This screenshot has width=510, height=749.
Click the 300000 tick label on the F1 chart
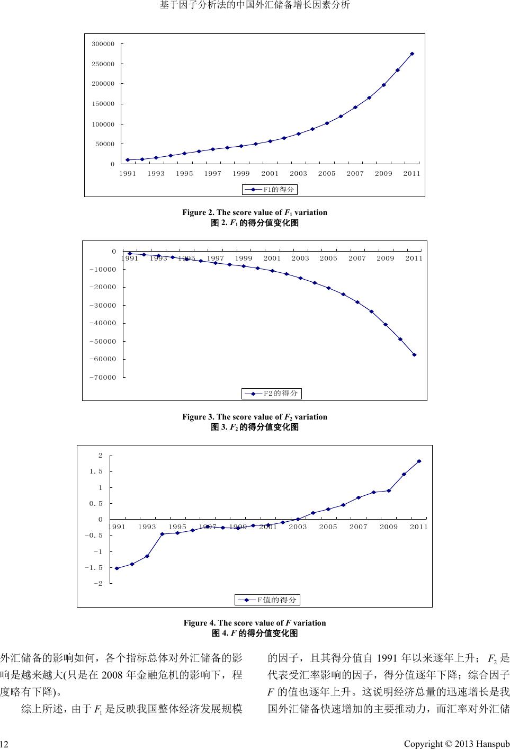(103, 44)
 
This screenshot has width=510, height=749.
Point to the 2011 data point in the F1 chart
(412, 53)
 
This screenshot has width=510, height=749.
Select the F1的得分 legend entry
(270, 189)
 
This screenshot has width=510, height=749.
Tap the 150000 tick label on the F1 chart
(103, 104)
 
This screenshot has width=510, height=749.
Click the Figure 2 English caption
(255, 212)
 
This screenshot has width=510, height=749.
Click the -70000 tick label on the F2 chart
(101, 377)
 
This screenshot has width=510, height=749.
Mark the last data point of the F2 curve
(414, 355)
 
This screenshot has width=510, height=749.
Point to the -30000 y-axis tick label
(101, 306)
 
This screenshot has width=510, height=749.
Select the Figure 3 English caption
(255, 417)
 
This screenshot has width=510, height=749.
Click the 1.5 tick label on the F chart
(96, 471)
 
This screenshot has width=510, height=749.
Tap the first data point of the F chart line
(117, 568)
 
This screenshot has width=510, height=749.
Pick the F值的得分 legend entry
(267, 600)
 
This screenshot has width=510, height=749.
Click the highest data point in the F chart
(419, 461)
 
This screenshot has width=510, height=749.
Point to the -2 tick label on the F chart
(98, 584)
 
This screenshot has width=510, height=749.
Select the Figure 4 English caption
(255, 623)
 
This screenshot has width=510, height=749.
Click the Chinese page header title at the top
(255, 6)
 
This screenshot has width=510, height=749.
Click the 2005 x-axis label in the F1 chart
(327, 174)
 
